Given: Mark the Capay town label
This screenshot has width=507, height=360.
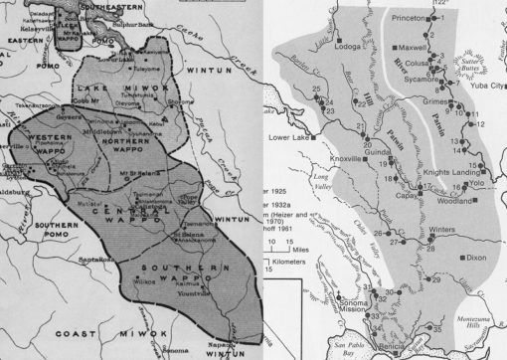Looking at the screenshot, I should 387,198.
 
